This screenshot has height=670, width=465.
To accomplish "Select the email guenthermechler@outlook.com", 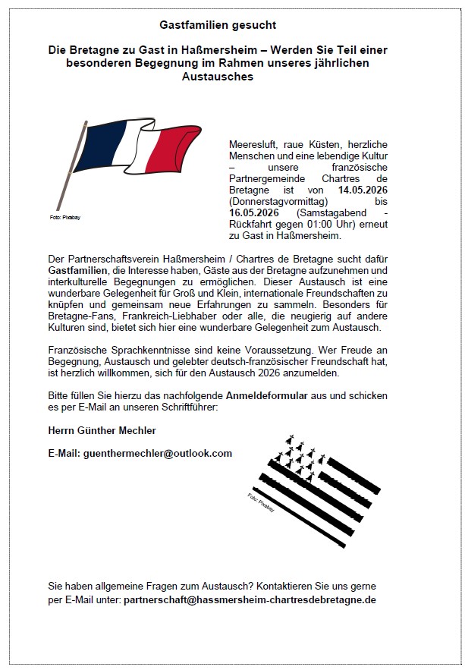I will (140, 453).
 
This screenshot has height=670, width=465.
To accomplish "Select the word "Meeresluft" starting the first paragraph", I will (252, 143).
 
